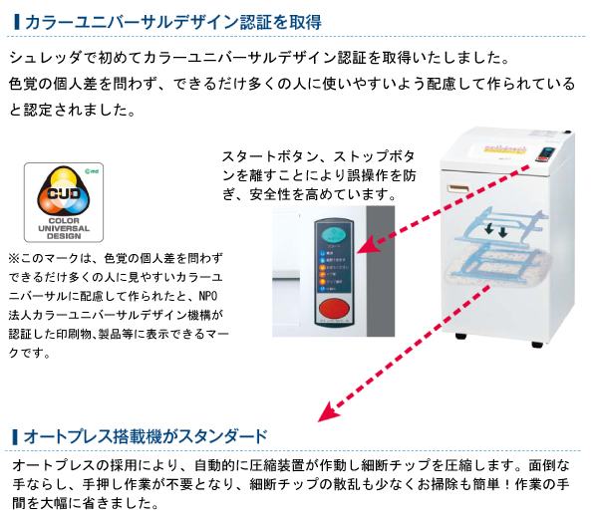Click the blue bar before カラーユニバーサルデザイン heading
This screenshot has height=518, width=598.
[13, 21]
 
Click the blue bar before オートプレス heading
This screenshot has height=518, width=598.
[13, 436]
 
